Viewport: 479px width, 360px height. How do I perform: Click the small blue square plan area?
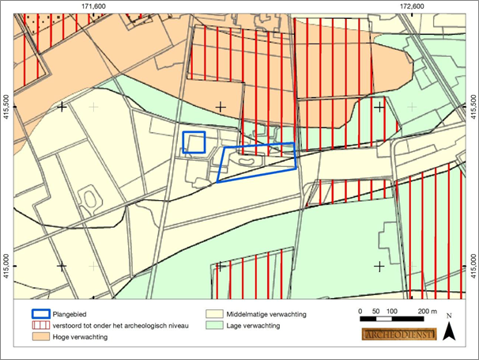194,142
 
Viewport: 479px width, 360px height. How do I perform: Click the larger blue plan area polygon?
258,162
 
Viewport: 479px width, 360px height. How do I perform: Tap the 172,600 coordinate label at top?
412,6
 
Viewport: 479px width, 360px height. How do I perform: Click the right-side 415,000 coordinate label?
472,267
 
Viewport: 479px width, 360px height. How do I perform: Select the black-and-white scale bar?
392,319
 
